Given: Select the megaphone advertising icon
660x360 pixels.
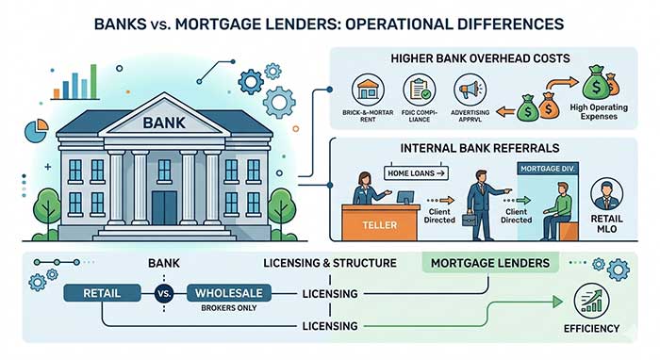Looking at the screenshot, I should coord(468,92).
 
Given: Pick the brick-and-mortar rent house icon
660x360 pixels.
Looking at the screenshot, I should coord(368,92).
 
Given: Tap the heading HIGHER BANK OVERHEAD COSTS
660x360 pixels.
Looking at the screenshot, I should coord(484,57).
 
